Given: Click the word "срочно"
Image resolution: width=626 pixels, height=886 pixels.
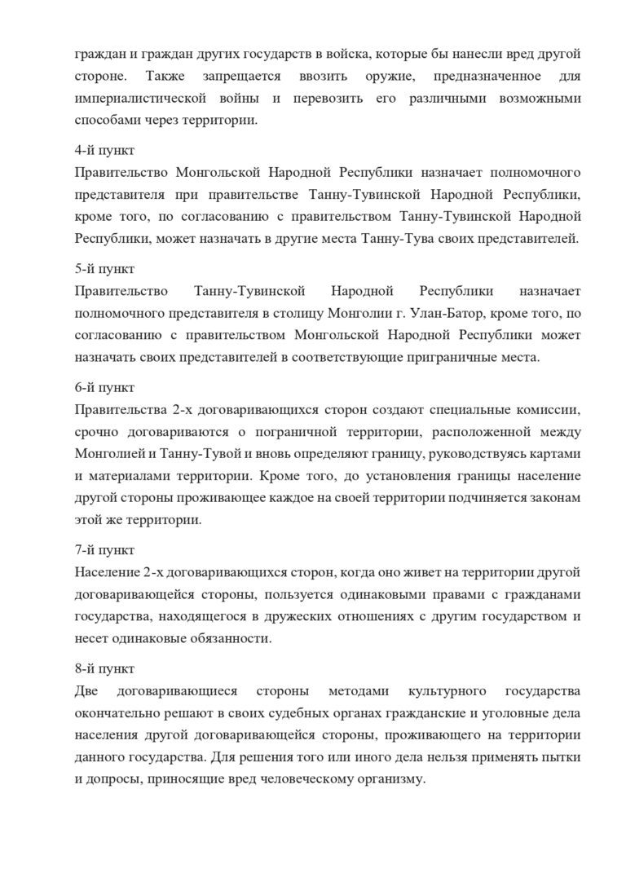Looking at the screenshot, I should (94, 431).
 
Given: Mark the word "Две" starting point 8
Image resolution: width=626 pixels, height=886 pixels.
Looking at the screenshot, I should (86, 691).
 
